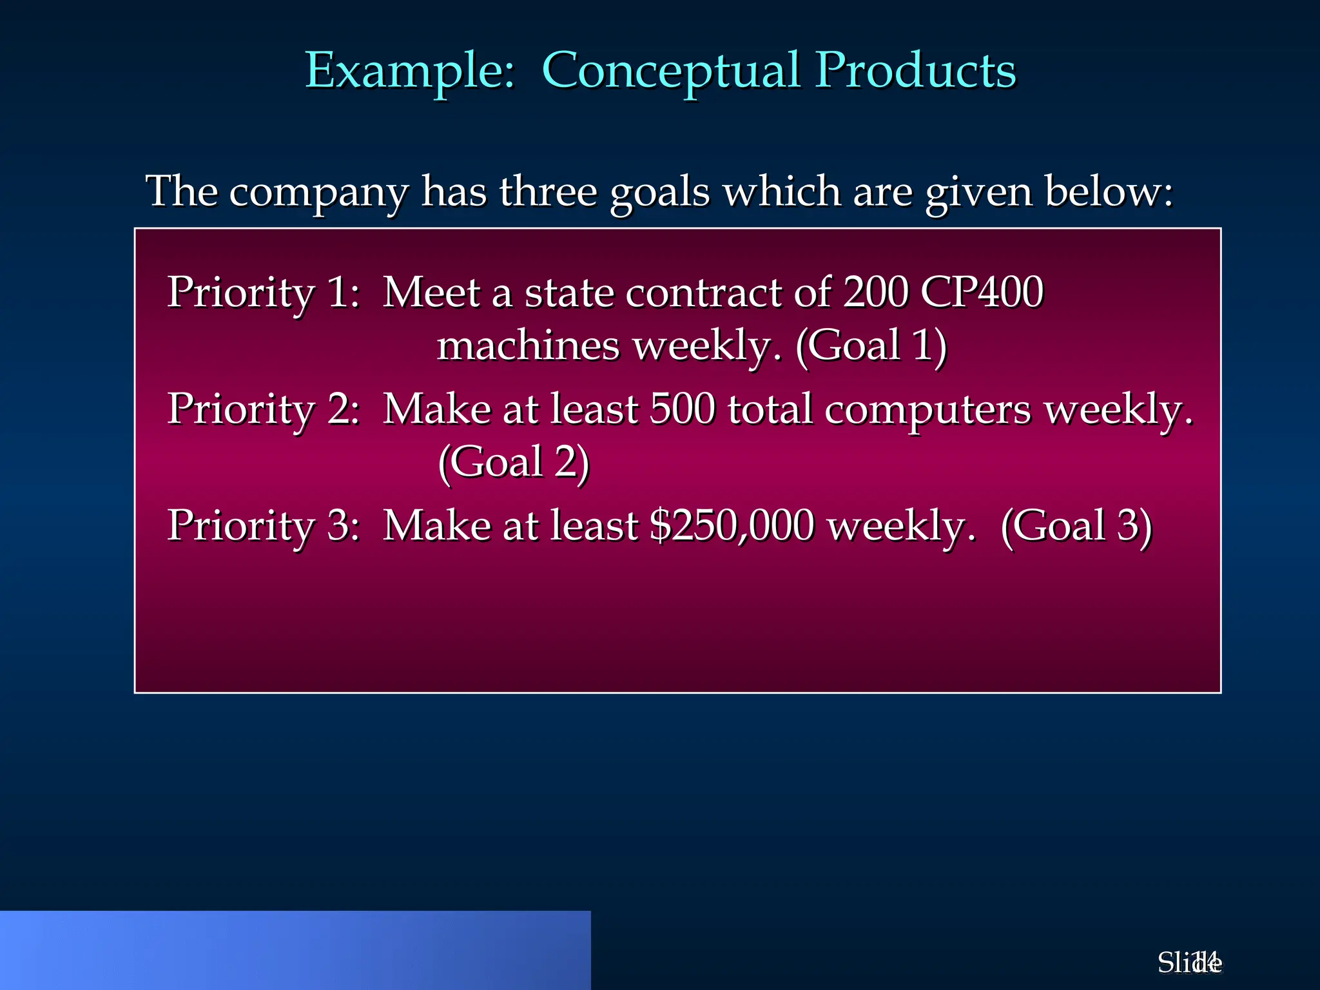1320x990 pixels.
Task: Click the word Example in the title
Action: pyautogui.click(x=409, y=71)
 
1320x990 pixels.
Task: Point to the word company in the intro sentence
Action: pyautogui.click(x=318, y=192)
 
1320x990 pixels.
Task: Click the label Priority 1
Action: pyautogui.click(x=263, y=293)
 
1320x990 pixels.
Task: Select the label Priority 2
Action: pyautogui.click(x=263, y=410)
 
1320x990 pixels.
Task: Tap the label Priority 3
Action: pyautogui.click(x=263, y=526)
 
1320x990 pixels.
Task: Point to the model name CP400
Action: pyautogui.click(x=982, y=293)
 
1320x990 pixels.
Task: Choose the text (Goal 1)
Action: pyautogui.click(x=871, y=345)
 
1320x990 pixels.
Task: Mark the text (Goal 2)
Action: pyautogui.click(x=514, y=463)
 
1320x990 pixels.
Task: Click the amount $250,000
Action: pyautogui.click(x=732, y=526)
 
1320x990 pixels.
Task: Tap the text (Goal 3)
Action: pyautogui.click(x=1076, y=526)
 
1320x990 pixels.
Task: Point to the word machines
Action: pyautogui.click(x=528, y=345)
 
